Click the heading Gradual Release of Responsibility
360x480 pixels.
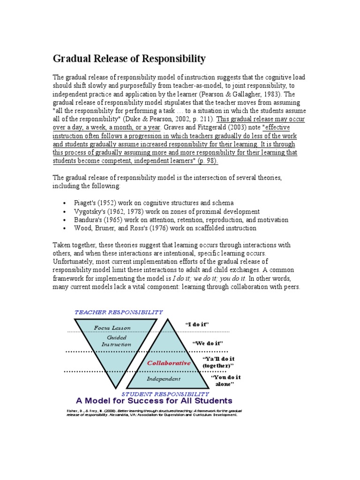point(129,59)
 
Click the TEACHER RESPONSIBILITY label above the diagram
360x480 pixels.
point(119,312)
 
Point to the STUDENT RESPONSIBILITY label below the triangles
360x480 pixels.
point(165,394)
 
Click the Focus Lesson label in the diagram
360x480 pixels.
point(112,328)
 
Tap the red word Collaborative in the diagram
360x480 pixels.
point(169,363)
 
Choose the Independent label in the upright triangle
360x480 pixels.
point(163,379)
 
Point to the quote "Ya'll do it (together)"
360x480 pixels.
point(218,362)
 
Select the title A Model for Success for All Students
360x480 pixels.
point(154,401)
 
